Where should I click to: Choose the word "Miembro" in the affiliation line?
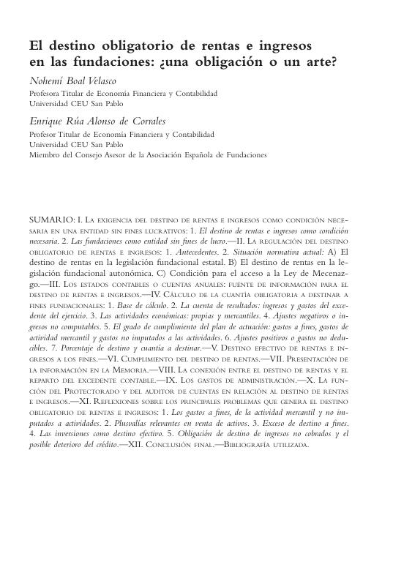(45, 154)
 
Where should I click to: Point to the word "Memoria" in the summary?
(123, 372)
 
